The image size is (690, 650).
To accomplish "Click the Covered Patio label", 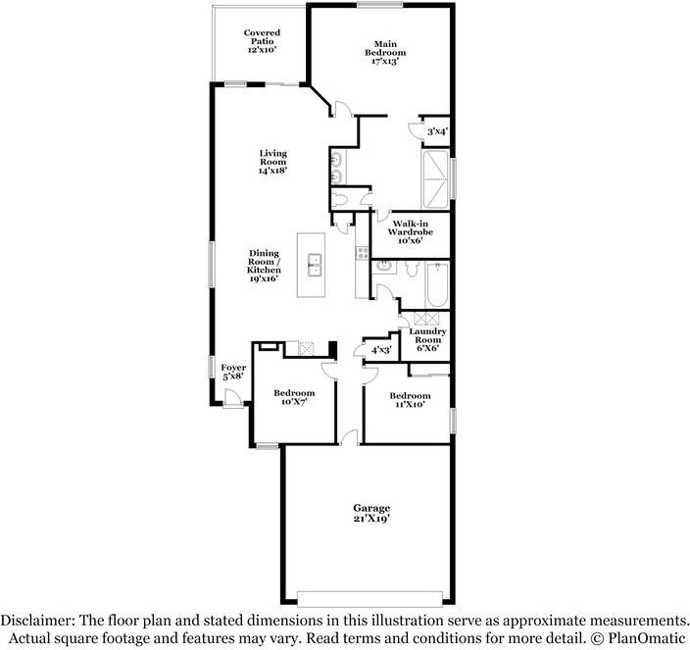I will point(261,40).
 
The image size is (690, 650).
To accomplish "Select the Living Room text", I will point(272,161).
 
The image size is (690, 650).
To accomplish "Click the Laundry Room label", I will point(427,339).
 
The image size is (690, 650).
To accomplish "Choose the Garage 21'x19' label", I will point(371,513).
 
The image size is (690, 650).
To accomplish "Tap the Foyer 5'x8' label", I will point(233,373).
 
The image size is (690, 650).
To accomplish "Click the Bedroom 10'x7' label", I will point(294,397).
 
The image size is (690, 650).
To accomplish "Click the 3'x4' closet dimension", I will point(437,130).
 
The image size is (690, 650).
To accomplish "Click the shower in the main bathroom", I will point(436,179).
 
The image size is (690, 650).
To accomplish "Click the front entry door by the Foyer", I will point(232,398).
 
